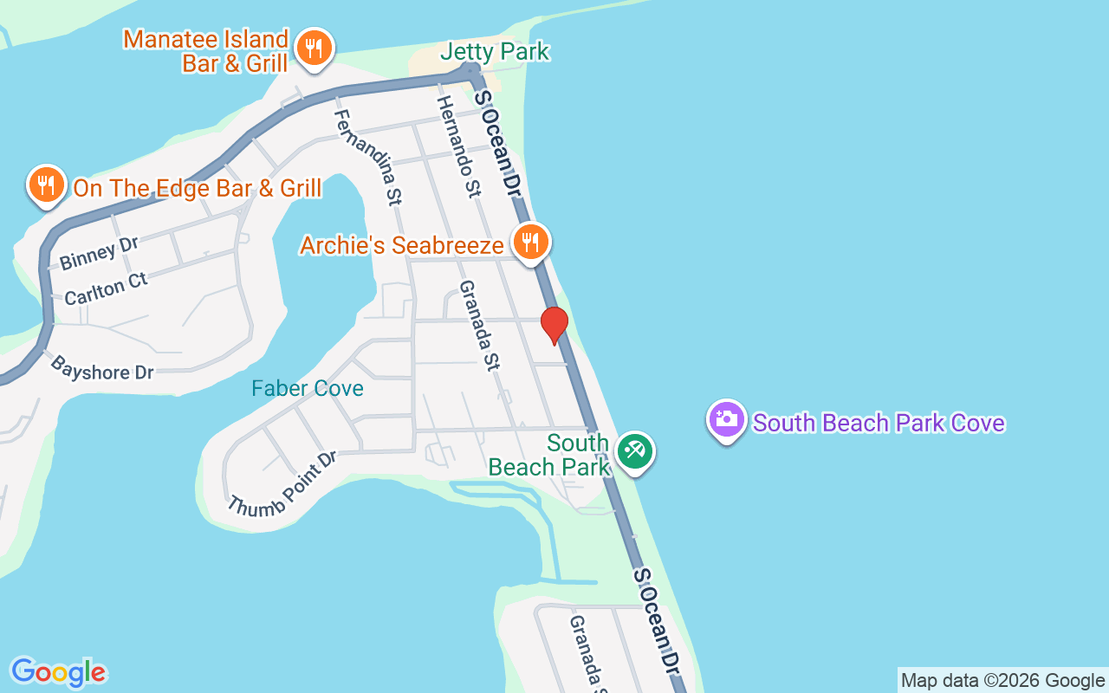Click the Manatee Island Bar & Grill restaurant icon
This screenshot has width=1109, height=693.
click(314, 48)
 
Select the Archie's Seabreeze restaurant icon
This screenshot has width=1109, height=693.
click(529, 242)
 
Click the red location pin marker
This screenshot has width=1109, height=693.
click(554, 326)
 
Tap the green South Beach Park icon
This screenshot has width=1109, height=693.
click(635, 451)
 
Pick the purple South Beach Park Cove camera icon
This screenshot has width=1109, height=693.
click(727, 420)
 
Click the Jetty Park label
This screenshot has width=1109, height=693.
click(495, 52)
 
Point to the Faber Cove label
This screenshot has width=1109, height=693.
click(308, 388)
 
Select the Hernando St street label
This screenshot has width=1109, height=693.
click(458, 146)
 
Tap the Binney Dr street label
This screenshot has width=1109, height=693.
click(100, 252)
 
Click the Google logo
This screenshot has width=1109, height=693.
click(58, 672)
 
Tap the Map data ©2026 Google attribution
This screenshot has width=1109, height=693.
click(1002, 680)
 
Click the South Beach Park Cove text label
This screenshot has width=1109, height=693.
click(879, 423)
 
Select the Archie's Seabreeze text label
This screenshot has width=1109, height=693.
click(401, 245)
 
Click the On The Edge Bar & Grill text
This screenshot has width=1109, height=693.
click(197, 188)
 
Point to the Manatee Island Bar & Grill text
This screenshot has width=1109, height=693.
click(206, 51)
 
